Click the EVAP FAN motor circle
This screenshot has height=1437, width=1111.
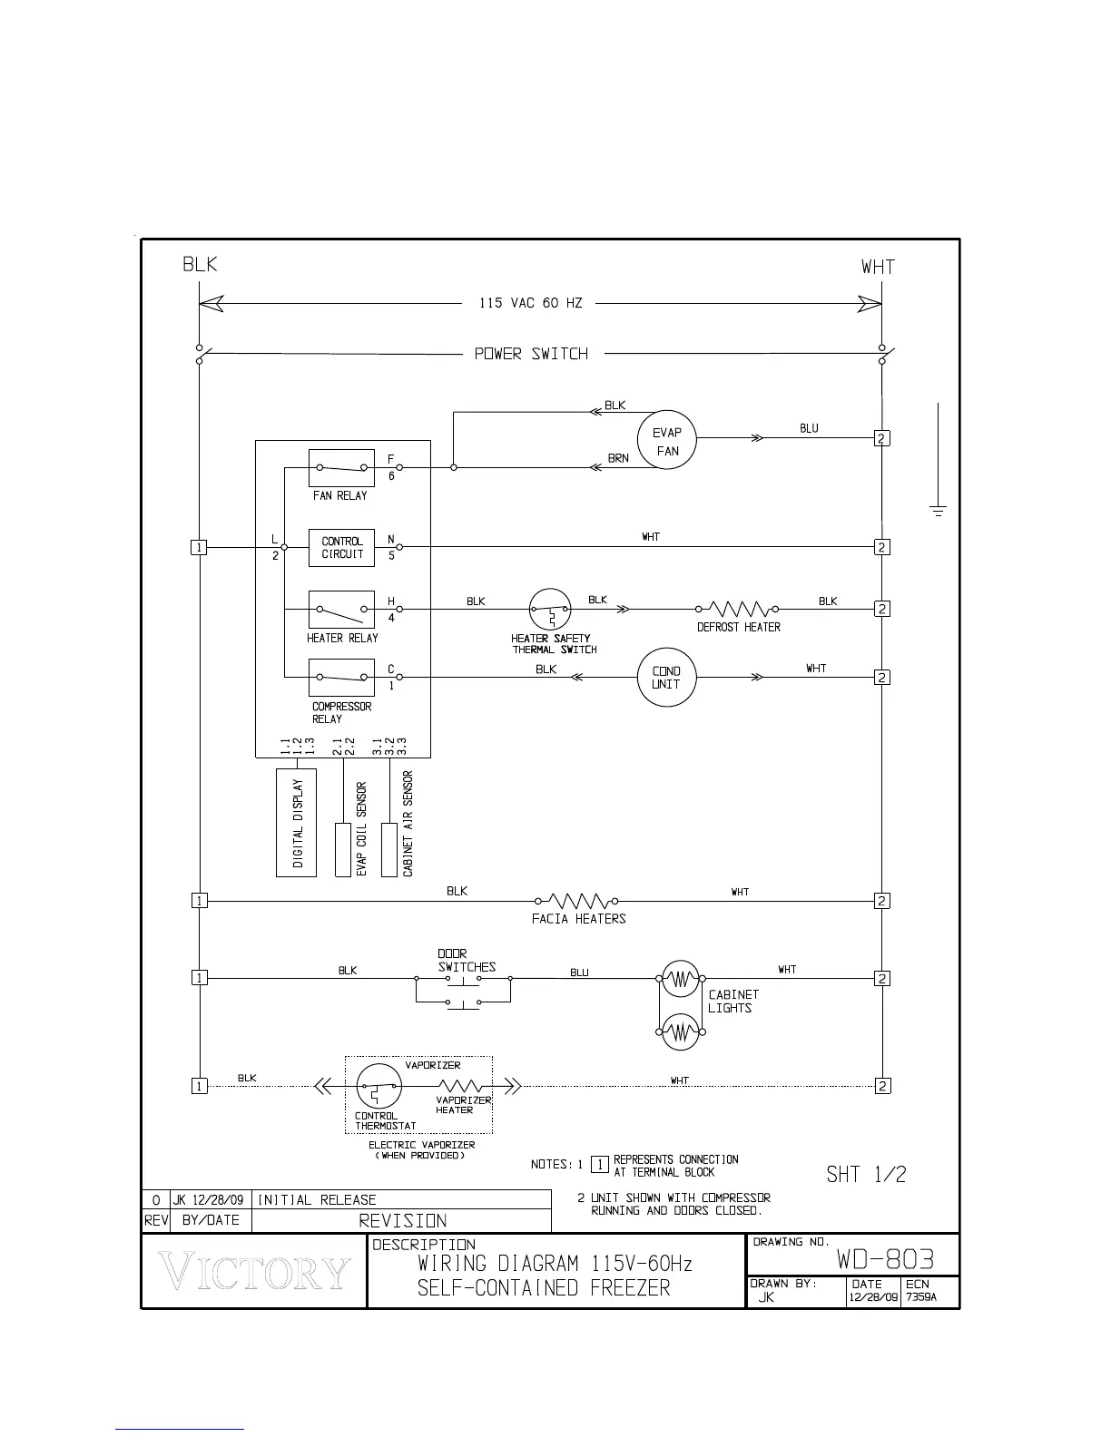667,441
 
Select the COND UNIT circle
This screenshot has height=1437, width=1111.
666,678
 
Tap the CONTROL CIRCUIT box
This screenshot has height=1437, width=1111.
341,548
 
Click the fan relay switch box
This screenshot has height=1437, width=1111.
341,468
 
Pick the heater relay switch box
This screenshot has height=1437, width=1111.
341,610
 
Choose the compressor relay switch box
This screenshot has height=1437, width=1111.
341,678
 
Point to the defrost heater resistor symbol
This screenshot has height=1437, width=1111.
738,609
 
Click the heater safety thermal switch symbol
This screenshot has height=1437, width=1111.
550,610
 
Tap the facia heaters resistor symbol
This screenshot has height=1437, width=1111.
578,901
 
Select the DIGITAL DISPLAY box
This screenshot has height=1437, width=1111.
296,823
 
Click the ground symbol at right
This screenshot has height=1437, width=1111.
938,511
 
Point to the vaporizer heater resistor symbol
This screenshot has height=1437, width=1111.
461,1086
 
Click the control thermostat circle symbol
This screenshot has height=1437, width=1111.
379,1086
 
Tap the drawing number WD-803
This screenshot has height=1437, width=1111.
885,1260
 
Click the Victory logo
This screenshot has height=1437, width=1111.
254,1272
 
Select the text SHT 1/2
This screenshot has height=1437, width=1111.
866,1175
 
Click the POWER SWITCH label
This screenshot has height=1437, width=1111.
531,354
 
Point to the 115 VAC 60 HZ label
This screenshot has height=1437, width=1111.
531,303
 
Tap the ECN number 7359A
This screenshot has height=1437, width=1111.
921,1297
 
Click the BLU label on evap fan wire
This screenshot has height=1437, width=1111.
809,428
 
